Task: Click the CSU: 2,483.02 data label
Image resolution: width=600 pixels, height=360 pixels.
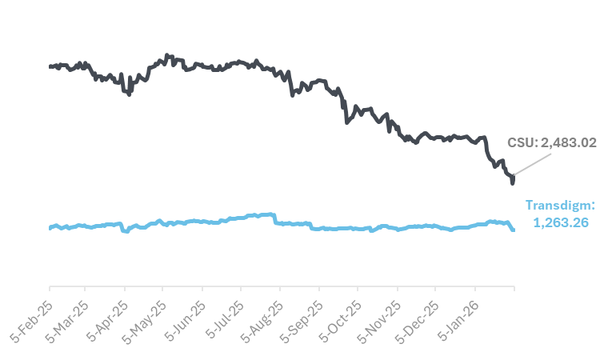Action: (x=552, y=142)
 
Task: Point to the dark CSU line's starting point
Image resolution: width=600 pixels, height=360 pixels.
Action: (x=50, y=66)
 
